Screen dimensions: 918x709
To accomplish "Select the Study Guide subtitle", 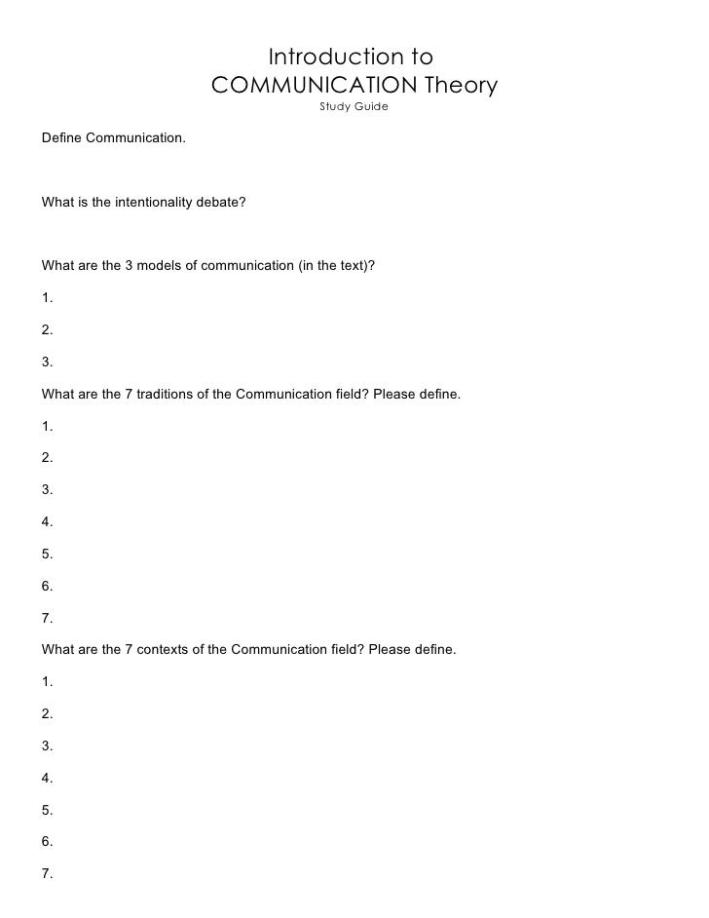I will pos(354,106).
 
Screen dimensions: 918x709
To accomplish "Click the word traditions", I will pos(168,394).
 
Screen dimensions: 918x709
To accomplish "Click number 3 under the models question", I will pos(48,363).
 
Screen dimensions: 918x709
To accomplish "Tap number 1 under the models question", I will pos(48,298).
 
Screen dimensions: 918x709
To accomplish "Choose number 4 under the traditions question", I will pos(48,522).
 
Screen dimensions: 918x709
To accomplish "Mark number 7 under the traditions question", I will pos(48,618).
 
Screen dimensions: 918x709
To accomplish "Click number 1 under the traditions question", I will pos(48,427).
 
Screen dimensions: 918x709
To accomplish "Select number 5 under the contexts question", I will pos(48,809).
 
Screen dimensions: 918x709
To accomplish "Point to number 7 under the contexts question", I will pos(48,872).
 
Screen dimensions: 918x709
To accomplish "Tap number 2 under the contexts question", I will pos(48,713).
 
